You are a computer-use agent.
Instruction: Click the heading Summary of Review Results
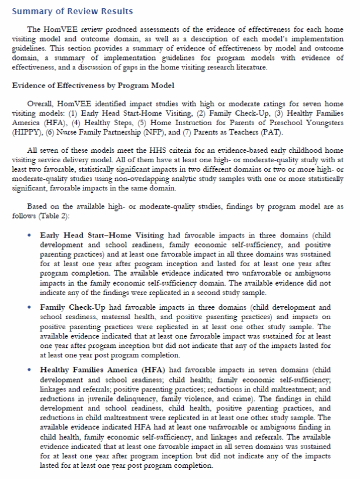72,11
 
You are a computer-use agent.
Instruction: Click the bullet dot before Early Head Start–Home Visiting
29,235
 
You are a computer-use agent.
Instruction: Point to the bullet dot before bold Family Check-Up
29,307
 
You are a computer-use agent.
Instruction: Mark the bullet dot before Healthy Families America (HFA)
29,370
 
